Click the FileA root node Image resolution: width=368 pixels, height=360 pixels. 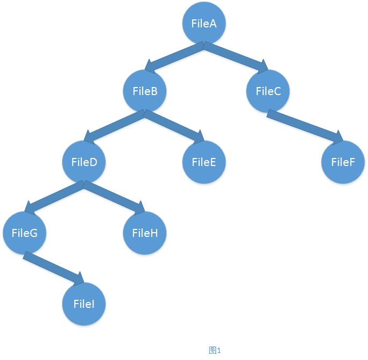(204, 24)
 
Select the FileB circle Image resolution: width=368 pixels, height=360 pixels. (145, 91)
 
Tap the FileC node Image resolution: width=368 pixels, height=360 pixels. (268, 91)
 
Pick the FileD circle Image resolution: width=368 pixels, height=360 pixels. (84, 162)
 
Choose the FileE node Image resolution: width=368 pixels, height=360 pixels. (203, 162)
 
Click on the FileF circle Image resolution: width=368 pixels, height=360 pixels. (343, 162)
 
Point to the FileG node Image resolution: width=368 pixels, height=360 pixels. (24, 233)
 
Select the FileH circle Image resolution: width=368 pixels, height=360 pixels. (144, 233)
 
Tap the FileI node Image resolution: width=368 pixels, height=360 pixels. (84, 304)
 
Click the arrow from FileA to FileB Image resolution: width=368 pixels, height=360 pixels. (175, 58)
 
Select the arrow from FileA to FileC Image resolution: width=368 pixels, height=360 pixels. (235, 57)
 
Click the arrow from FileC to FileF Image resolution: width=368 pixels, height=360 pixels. (305, 127)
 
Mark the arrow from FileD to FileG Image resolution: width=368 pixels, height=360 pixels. (54, 197)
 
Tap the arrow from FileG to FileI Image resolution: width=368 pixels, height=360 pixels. (53, 267)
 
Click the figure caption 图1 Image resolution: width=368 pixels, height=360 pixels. (215, 350)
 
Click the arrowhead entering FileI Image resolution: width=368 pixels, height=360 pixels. (79, 279)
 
